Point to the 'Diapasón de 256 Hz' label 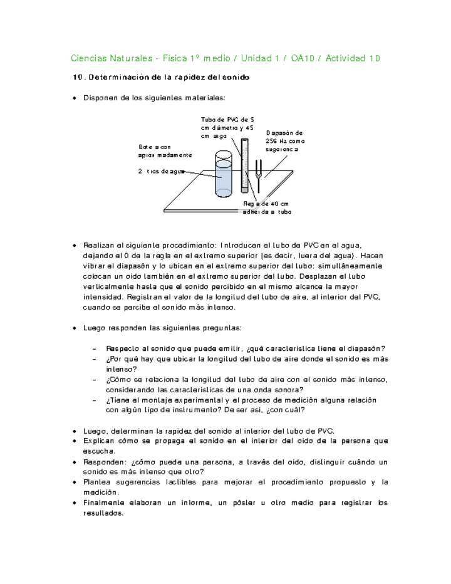pos(285,141)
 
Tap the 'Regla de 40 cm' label pos(266,208)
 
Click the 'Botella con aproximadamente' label pos(165,150)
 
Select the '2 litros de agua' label pos(161,171)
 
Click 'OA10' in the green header pos(303,58)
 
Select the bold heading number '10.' pos(78,78)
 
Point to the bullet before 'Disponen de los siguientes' pos(75,98)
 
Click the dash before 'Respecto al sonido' pos(93,349)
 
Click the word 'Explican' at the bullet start pos(99,441)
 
